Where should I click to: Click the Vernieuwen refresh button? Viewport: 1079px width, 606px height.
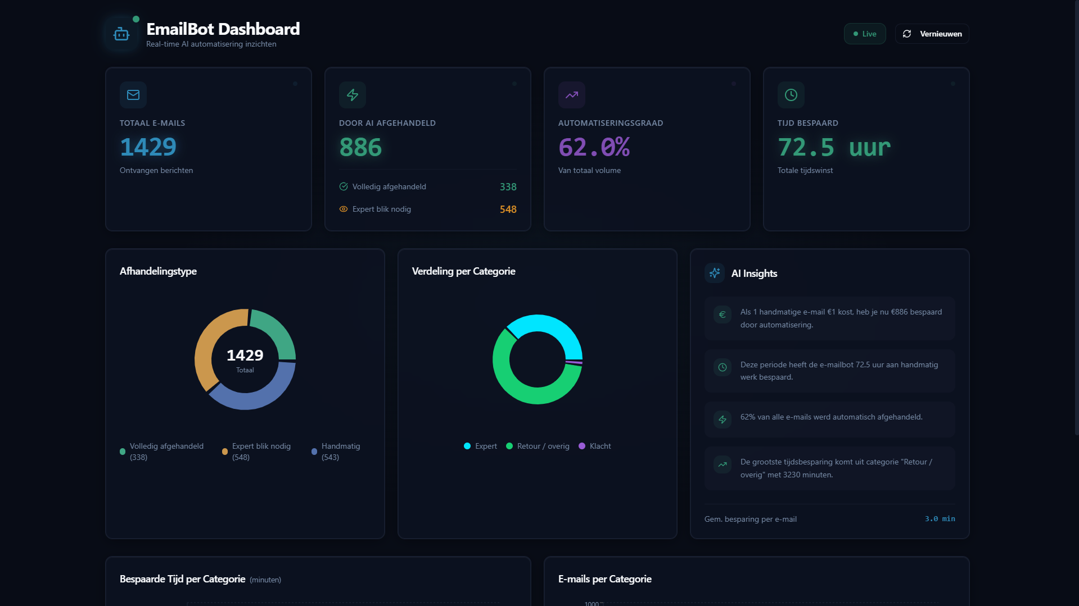point(932,34)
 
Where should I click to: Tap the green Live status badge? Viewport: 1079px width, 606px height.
point(864,34)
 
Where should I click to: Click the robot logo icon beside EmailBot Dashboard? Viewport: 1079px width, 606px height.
point(121,34)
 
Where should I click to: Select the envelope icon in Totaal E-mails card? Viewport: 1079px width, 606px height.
point(133,95)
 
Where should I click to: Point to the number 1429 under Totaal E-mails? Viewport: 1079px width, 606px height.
point(148,147)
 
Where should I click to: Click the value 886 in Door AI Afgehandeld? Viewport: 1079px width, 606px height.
point(360,148)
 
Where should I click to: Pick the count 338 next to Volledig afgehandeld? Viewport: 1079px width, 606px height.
point(508,187)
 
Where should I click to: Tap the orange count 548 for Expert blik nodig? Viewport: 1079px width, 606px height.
point(508,209)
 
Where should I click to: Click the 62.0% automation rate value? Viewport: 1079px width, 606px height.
point(594,148)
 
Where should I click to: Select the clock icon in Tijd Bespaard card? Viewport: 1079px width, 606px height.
point(791,95)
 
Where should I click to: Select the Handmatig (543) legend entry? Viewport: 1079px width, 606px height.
point(336,452)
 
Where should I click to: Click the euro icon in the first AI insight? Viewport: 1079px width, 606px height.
point(723,315)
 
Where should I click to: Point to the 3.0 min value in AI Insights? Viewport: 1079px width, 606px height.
point(940,519)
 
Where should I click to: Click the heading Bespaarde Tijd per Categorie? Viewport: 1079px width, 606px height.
point(182,579)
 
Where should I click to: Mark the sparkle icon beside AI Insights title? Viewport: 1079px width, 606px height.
point(715,273)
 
